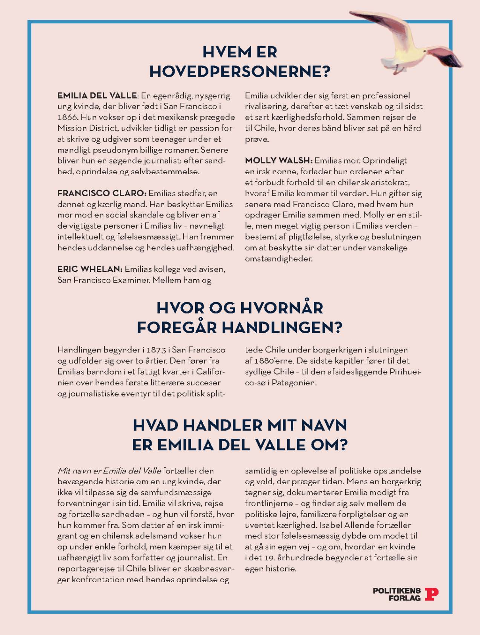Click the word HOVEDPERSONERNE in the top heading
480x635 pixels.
pos(240,72)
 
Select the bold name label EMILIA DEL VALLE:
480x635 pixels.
pos(98,96)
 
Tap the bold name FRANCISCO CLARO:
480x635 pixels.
pos(102,193)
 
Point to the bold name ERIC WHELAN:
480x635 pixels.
pos(90,269)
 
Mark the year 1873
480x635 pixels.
pos(156,350)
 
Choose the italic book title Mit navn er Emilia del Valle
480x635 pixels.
pos(109,471)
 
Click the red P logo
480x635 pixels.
pos(432,594)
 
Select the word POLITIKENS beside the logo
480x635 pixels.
pos(397,591)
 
